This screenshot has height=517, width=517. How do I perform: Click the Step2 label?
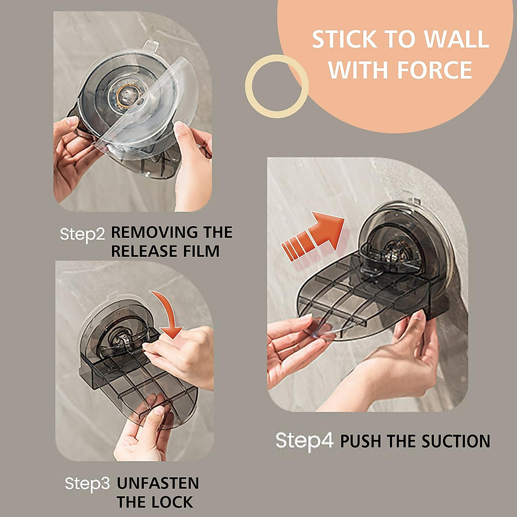[x=82, y=234]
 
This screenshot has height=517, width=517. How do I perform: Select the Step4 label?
[x=305, y=441]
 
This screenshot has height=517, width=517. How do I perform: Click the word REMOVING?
[x=154, y=232]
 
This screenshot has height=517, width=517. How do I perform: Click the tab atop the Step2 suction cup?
[x=150, y=45]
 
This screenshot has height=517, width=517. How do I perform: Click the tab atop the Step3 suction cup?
[x=113, y=296]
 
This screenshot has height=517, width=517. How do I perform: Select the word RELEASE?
[x=144, y=251]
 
